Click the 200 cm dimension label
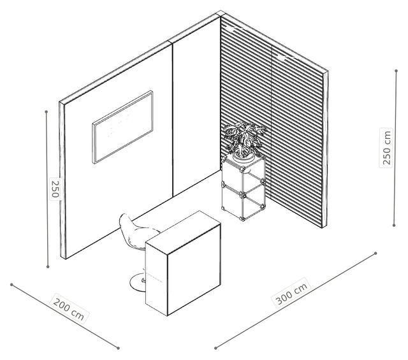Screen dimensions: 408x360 point(69,309)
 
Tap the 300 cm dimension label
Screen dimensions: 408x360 point(292,293)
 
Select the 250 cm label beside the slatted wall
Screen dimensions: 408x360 point(386,147)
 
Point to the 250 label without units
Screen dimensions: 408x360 point(55,189)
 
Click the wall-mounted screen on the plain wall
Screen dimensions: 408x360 point(122,127)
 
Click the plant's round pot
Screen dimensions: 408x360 point(244,156)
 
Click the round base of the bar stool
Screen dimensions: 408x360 point(138,283)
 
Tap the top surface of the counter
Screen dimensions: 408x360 point(183,232)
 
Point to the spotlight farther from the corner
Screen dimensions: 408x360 point(282,57)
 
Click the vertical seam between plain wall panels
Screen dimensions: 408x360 point(173,120)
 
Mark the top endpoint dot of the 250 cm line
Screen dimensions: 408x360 point(396,71)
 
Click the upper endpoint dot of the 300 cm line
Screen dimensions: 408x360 point(375,253)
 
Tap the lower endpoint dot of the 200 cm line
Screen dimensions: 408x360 point(118,348)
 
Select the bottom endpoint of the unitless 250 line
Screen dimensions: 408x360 point(48,266)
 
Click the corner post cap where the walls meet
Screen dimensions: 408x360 point(220,13)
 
